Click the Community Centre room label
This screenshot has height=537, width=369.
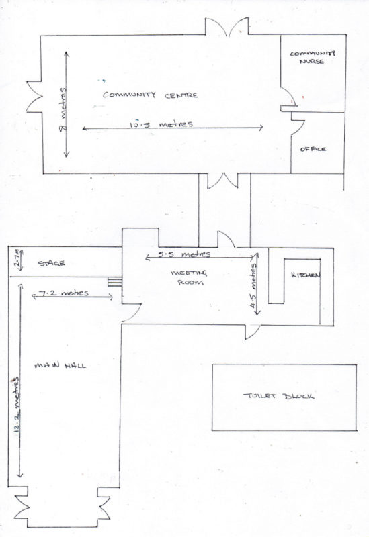point(150,95)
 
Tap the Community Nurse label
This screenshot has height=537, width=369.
point(313,57)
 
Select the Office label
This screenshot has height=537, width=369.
point(313,149)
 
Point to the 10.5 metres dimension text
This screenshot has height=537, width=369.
point(161,124)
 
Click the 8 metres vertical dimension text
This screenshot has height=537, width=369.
point(63,109)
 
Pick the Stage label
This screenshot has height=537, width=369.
point(51,263)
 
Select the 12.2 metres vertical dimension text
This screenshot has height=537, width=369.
point(16,405)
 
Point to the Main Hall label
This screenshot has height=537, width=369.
point(60,365)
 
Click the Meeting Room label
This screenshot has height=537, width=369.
point(189,277)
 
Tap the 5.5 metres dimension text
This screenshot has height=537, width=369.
point(184,254)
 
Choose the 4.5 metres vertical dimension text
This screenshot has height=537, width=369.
point(253,286)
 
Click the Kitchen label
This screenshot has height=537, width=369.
point(306,275)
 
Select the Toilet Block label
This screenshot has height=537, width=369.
point(278,396)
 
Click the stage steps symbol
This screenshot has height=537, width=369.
point(115,281)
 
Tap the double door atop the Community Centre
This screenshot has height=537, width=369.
point(227,27)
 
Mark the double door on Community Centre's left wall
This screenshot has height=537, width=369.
point(35,97)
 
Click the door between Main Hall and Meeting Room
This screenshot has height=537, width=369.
point(131,312)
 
